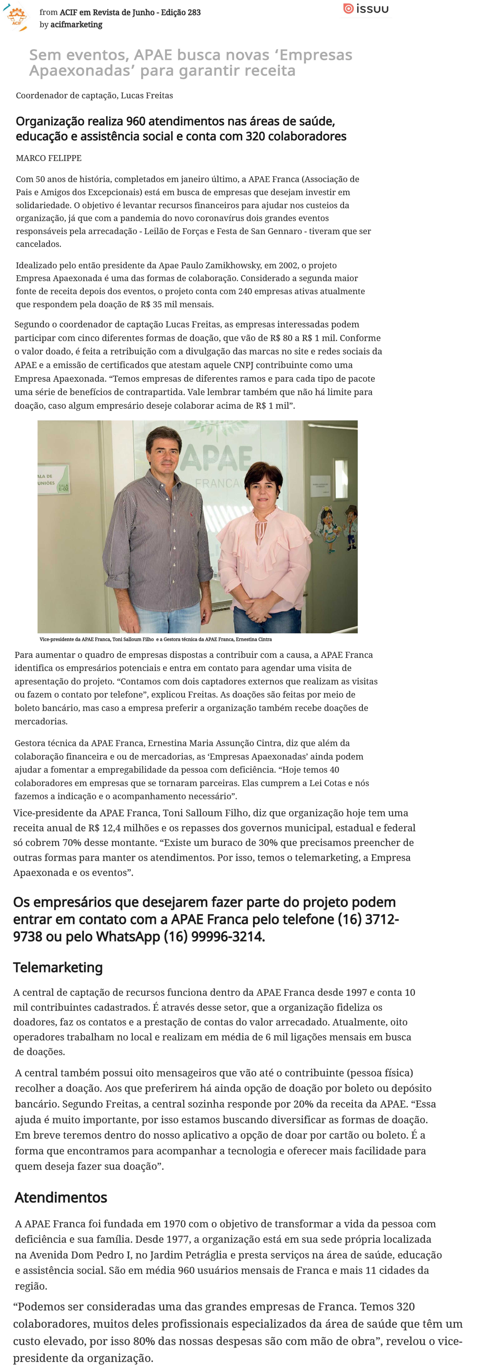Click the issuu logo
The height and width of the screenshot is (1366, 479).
[x=366, y=9]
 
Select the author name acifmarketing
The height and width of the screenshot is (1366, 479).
[x=76, y=24]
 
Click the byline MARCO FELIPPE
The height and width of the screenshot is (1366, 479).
[x=49, y=158]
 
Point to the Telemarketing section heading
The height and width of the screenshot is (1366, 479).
[x=58, y=967]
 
